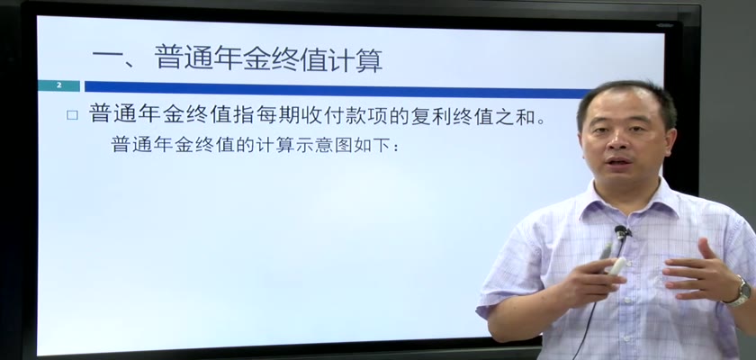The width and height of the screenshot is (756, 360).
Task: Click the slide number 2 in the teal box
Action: (x=59, y=85)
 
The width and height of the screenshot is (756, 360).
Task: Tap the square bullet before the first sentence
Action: (x=72, y=115)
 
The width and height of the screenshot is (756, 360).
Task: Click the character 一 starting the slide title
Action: (x=106, y=59)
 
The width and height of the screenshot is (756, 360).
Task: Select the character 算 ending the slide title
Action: (x=369, y=59)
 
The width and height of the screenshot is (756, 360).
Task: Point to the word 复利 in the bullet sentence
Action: (x=432, y=116)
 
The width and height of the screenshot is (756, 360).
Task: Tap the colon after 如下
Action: (x=396, y=147)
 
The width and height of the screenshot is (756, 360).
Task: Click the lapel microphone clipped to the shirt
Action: (x=622, y=233)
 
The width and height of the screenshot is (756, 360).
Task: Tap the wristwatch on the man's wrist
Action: (x=741, y=292)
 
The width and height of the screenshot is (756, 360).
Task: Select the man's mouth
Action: (x=619, y=161)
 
